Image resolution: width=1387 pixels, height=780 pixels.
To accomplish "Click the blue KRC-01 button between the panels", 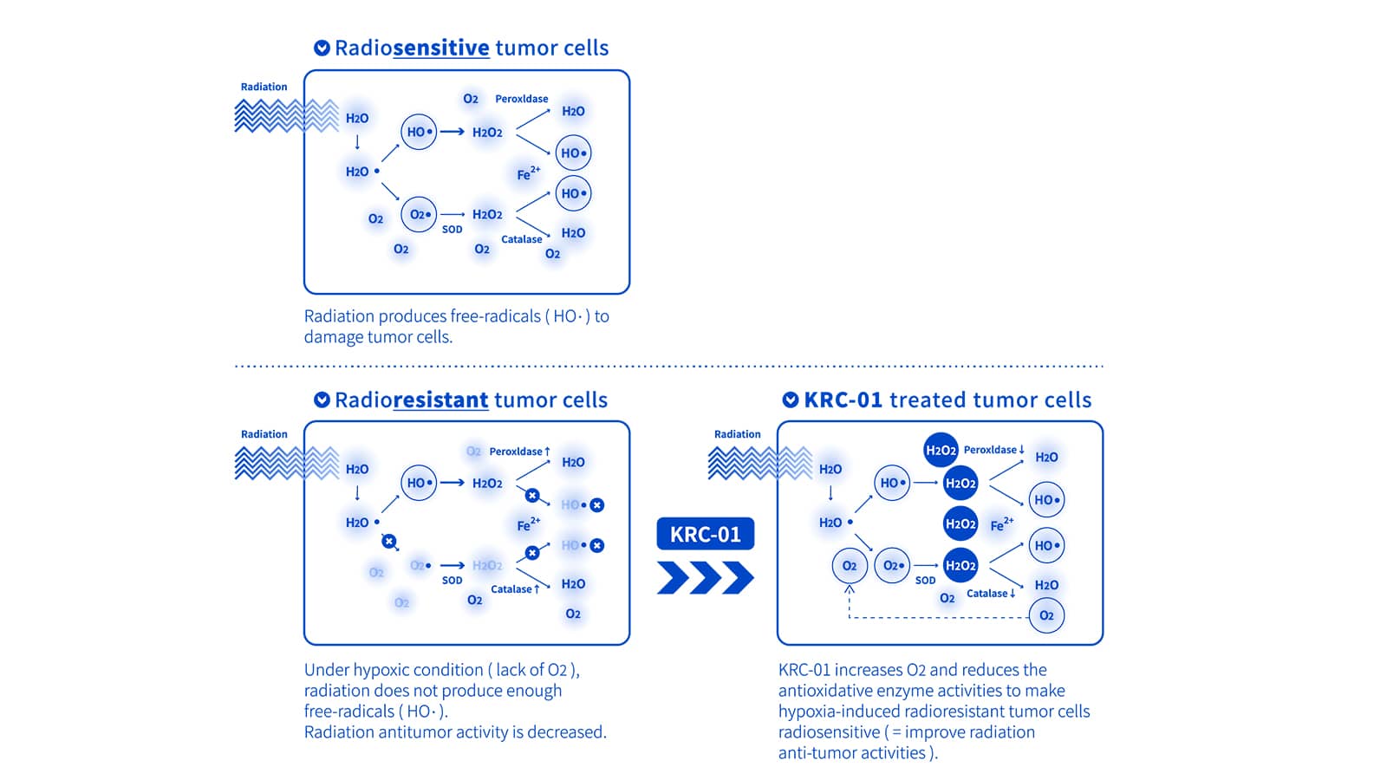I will [705, 534].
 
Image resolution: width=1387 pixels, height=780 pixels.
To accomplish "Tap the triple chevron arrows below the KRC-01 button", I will [705, 577].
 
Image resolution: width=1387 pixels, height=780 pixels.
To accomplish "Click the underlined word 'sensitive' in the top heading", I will [440, 48].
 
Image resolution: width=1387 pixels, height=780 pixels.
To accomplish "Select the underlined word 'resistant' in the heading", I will [440, 400].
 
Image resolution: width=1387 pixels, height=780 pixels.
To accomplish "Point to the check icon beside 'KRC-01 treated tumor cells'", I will [791, 400].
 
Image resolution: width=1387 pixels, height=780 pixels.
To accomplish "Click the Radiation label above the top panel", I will [264, 87].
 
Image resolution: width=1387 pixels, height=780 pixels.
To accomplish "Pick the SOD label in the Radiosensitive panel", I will [452, 230].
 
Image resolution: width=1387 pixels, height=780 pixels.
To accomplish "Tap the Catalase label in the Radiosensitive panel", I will [521, 239].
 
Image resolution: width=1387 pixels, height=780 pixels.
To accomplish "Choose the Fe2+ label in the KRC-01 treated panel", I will [1001, 524].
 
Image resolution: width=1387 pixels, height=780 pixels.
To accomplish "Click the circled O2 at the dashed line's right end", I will [1046, 615].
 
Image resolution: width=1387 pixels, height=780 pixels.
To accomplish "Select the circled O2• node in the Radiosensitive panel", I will [419, 214].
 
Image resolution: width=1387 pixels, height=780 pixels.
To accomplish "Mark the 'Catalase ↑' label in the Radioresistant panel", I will [515, 589].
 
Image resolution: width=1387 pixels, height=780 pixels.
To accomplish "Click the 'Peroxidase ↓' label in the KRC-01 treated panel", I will [993, 450].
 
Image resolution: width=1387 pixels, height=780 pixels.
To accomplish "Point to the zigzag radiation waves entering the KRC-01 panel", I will [759, 463].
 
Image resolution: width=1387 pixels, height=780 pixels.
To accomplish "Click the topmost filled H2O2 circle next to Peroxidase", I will [941, 450].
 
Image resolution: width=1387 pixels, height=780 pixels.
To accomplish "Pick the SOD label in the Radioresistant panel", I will [452, 581].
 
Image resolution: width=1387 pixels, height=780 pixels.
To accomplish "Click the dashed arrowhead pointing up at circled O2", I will [850, 589].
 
